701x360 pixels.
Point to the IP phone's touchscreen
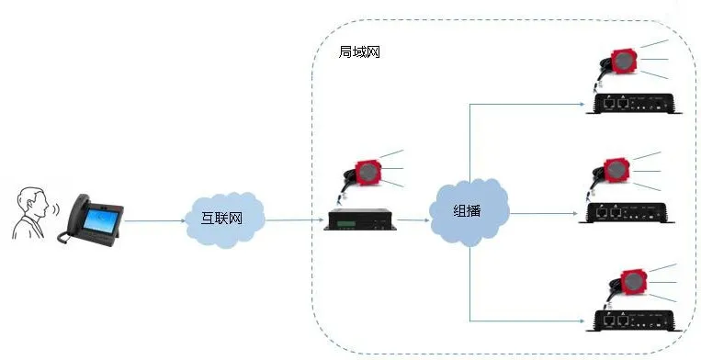pyautogui.click(x=96, y=220)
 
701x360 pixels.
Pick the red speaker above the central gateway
pyautogui.click(x=368, y=171)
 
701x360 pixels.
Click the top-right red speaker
pyautogui.click(x=622, y=62)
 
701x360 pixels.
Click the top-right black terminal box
pyautogui.click(x=636, y=103)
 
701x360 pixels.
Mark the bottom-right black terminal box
pyautogui.click(x=636, y=320)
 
